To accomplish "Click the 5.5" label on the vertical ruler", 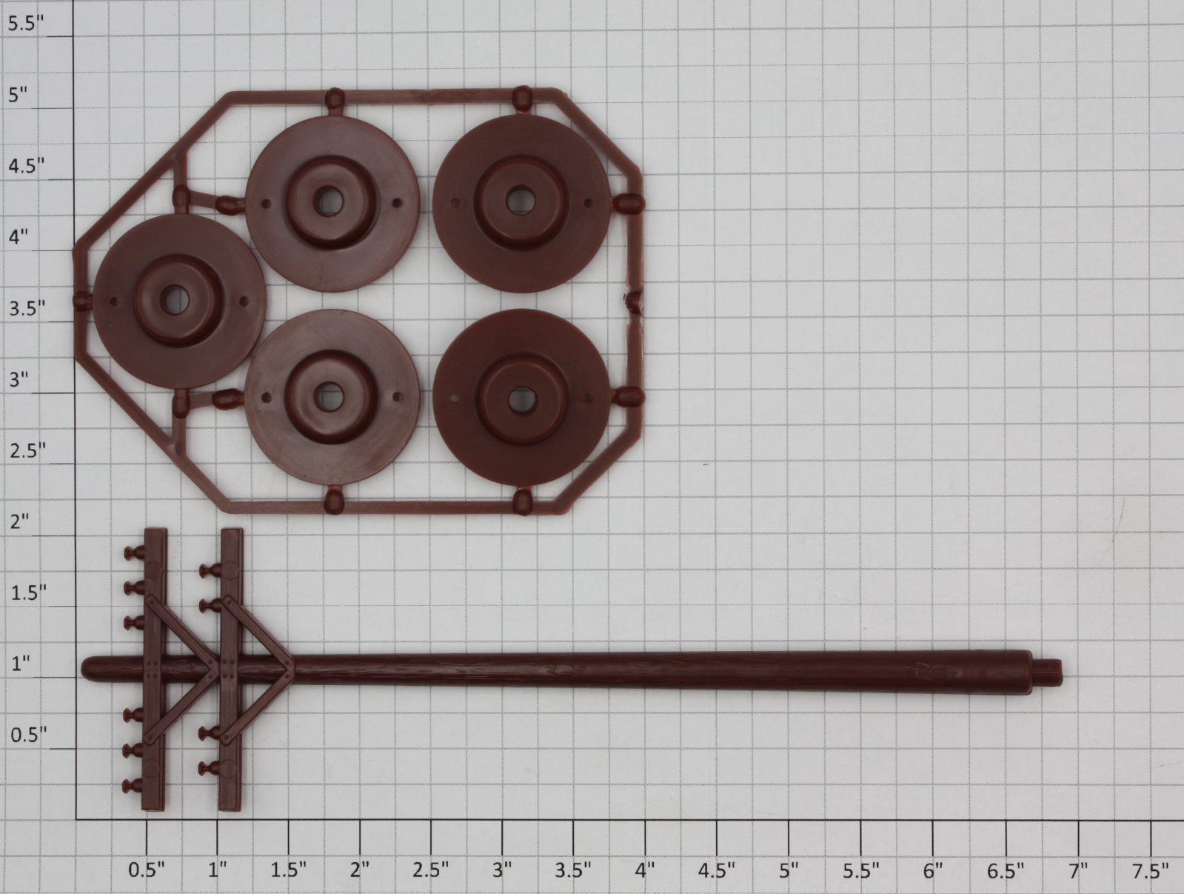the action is (x=26, y=24).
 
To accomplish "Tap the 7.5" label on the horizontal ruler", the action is (x=1150, y=870).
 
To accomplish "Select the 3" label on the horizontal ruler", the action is (x=501, y=870).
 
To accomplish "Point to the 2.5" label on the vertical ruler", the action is (x=27, y=450).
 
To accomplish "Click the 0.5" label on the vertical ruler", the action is (x=29, y=734).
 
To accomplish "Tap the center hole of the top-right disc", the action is (x=520, y=201).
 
